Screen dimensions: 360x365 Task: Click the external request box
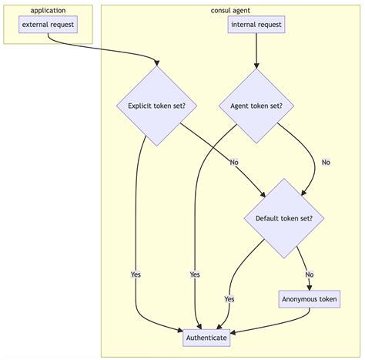48,25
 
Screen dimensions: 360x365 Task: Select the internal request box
256,25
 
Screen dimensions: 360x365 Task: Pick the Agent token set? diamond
256,106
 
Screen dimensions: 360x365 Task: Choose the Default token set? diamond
284,218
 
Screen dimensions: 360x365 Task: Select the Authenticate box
206,338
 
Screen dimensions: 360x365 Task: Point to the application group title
48,10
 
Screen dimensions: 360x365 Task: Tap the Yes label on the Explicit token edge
136,274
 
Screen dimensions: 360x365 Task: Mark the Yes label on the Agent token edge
195,274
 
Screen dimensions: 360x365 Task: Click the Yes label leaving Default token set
229,298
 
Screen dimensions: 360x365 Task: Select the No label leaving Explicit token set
234,162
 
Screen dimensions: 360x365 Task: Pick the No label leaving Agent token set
326,162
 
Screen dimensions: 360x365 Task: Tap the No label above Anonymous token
309,274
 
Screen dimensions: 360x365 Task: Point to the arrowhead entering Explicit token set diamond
157,63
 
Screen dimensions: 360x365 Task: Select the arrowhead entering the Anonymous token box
309,288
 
